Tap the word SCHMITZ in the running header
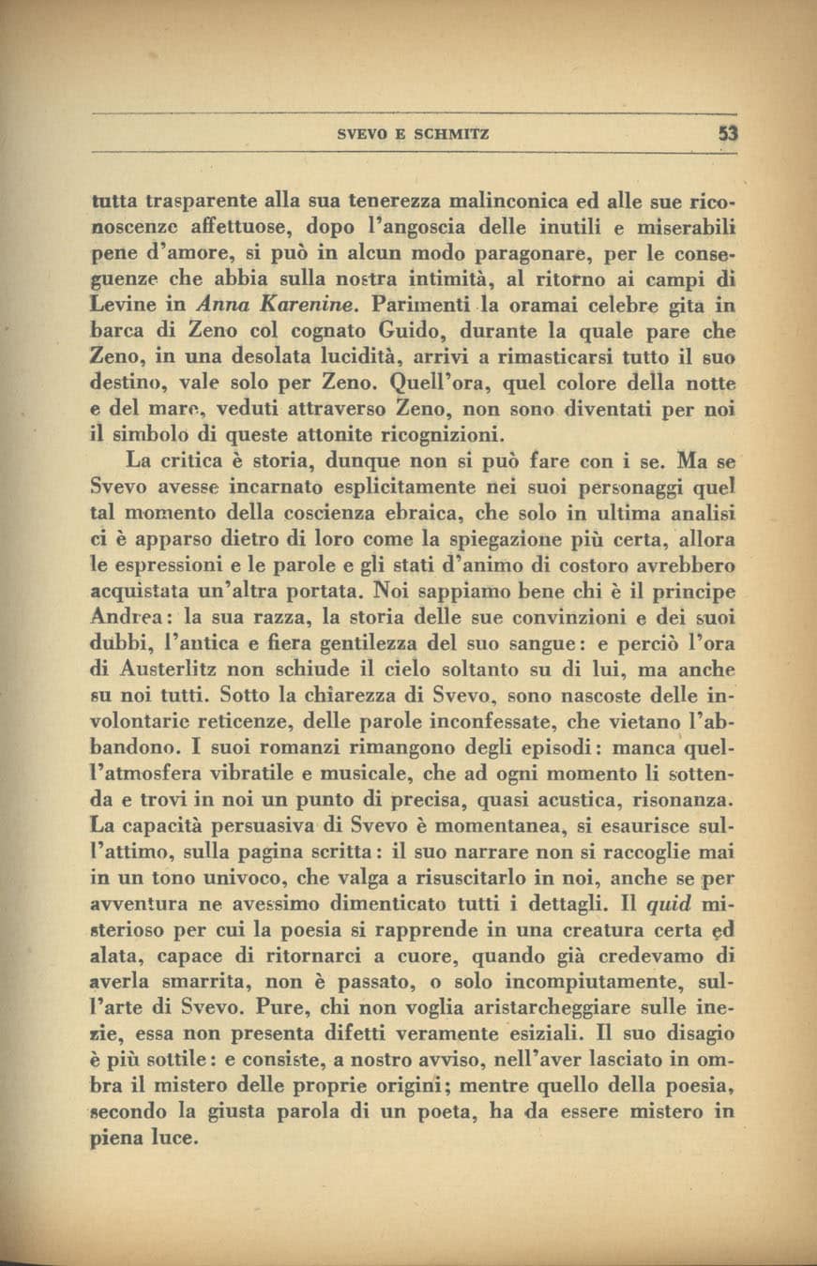(449, 135)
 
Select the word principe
(687, 593)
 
